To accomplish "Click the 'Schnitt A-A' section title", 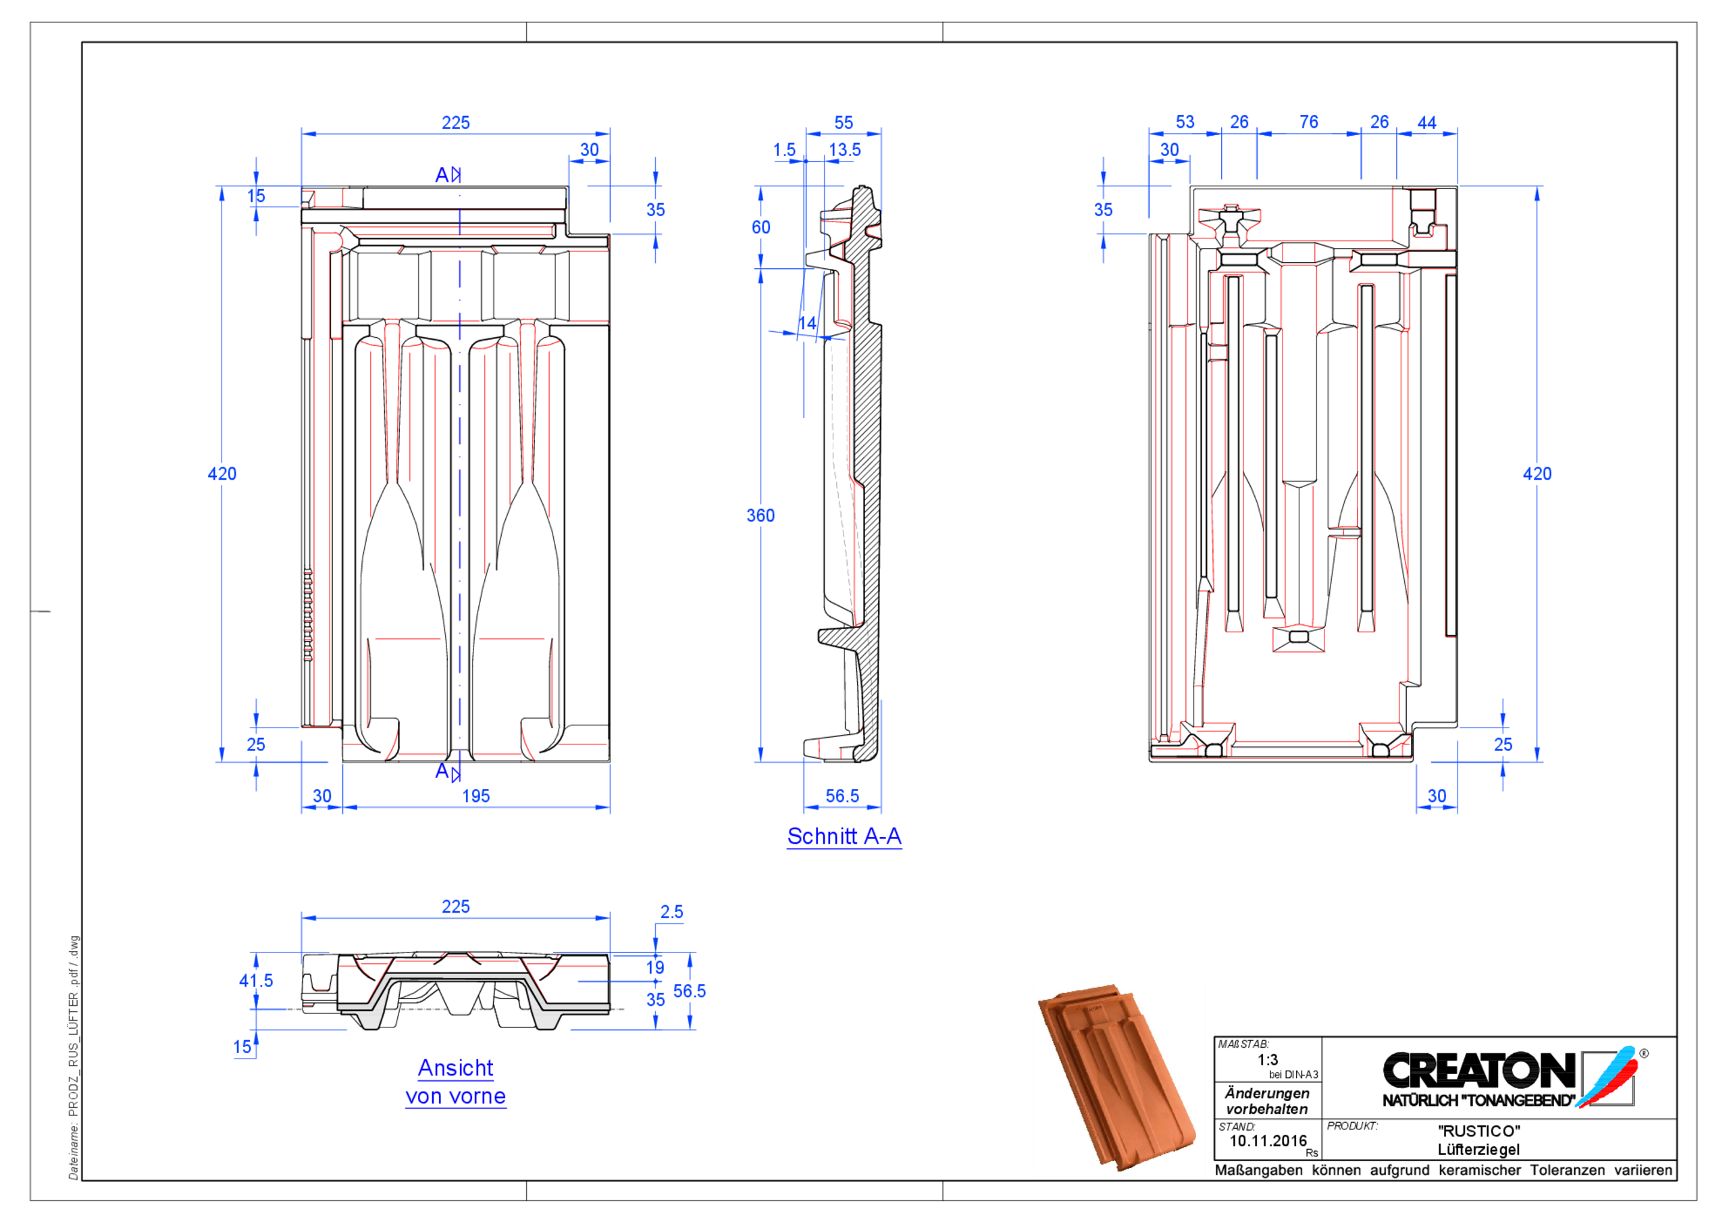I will pyautogui.click(x=844, y=836).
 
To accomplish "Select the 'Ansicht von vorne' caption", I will pyautogui.click(x=456, y=1082).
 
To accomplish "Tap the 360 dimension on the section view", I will pyautogui.click(x=760, y=515).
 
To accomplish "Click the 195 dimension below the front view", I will pyautogui.click(x=475, y=796).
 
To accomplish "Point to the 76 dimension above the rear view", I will pyautogui.click(x=1308, y=122).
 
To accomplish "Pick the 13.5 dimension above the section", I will pyautogui.click(x=844, y=150).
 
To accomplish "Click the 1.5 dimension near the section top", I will pyautogui.click(x=784, y=150).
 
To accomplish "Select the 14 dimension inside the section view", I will pyautogui.click(x=806, y=323).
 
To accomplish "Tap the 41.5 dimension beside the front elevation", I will pyautogui.click(x=255, y=981).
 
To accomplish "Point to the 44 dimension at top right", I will pyautogui.click(x=1426, y=122).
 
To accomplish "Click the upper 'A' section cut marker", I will pyautogui.click(x=446, y=175).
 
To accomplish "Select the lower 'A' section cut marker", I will pyautogui.click(x=446, y=771).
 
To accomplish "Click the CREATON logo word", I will pyautogui.click(x=1479, y=1070).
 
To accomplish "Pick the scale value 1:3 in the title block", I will pyautogui.click(x=1268, y=1059).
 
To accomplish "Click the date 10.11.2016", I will pyautogui.click(x=1268, y=1141).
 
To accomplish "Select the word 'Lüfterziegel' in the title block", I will pyautogui.click(x=1478, y=1150).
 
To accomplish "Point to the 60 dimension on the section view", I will pyautogui.click(x=760, y=227).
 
